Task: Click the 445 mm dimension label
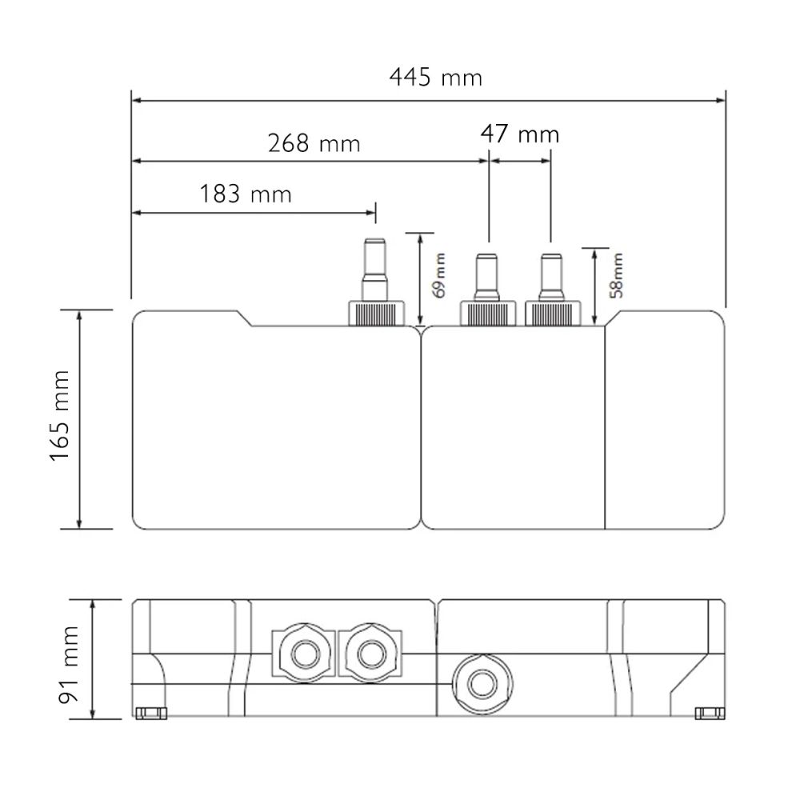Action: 435,78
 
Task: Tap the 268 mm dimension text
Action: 314,143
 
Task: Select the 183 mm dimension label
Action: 246,194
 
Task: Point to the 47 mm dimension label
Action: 519,134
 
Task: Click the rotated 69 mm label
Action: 438,275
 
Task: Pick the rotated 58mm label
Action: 616,275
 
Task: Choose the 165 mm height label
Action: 60,416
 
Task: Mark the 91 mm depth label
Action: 68,665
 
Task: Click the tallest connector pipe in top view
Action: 375,270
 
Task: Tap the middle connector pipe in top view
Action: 486,278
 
